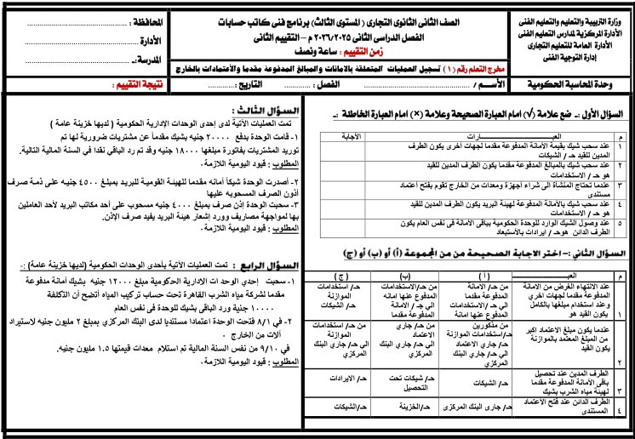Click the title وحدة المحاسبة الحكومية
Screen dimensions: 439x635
tap(572, 85)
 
